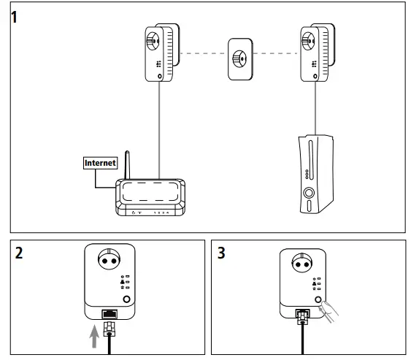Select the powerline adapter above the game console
[x=315, y=53]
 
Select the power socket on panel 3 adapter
[x=302, y=264]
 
